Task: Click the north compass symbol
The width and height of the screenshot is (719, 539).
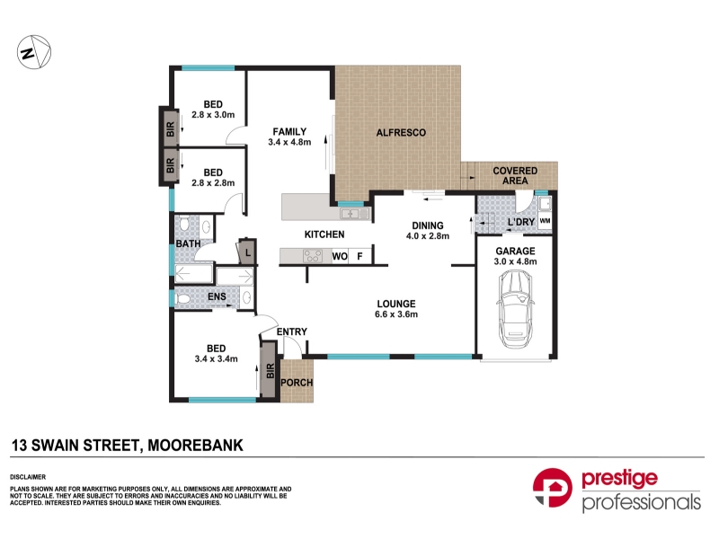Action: point(34,53)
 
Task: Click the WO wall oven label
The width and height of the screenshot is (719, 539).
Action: point(340,256)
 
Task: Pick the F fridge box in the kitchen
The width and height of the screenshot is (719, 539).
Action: point(360,256)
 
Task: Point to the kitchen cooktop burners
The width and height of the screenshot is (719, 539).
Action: point(313,256)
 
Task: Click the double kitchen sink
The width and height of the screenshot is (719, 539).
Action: point(354,213)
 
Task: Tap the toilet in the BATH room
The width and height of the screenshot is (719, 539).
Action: point(184,224)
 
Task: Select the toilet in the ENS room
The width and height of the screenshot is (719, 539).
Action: point(183,299)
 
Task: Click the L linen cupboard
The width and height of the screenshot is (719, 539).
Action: point(246,252)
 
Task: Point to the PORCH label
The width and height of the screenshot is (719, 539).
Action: point(297,383)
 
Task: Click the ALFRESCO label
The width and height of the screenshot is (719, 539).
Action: point(401,133)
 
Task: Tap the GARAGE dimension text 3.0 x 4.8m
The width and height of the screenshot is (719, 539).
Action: point(515,261)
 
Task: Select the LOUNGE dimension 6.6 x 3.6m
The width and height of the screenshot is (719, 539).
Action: point(396,314)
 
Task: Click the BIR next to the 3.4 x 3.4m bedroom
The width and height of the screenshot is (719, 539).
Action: point(271,370)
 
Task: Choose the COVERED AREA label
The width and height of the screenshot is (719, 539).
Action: point(515,175)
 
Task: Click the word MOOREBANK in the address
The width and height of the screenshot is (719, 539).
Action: point(195,445)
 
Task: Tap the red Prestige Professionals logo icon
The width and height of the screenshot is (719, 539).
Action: point(552,488)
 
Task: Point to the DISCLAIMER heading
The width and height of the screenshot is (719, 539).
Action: point(28,477)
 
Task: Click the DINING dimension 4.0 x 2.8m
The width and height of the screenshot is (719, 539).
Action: point(428,236)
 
